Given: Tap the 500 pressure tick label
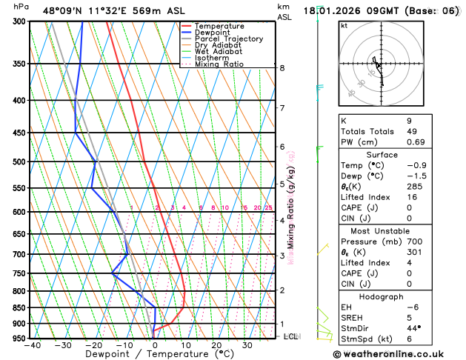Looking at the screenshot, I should click(19, 161).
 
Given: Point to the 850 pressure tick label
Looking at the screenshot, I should click(19, 307).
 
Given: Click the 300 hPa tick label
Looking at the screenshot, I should click(19, 21).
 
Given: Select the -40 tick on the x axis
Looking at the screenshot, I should click(32, 345).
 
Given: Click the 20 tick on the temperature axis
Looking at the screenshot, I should click(216, 345).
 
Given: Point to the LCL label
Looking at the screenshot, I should click(291, 336).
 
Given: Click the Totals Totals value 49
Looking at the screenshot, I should click(411, 131).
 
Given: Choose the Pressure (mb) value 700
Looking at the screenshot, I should click(414, 241).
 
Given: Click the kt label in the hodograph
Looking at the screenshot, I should click(344, 25).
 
